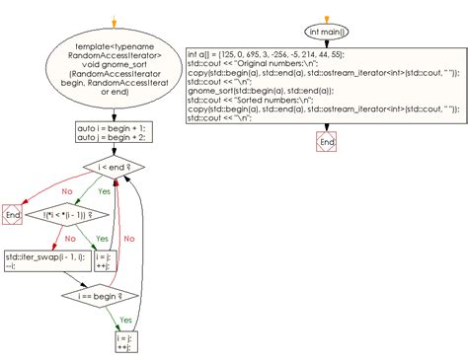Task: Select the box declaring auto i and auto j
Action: coord(113,133)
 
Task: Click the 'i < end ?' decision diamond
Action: coord(114,170)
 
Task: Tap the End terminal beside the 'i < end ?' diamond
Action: coord(13,214)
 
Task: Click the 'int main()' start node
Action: coord(327,31)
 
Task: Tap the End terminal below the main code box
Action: coord(327,143)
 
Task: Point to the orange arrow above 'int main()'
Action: coord(327,8)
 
